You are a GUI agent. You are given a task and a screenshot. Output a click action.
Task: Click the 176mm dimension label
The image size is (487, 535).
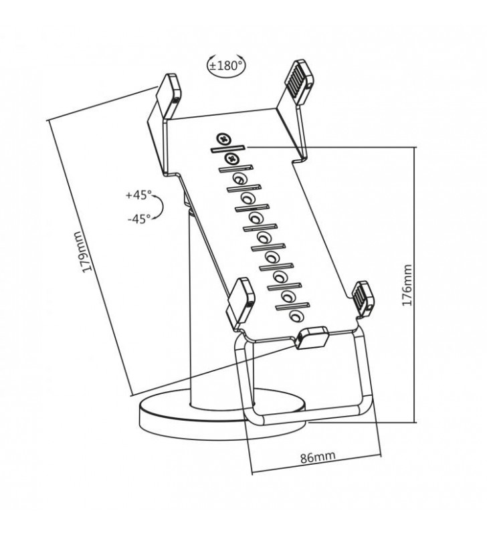point(407,285)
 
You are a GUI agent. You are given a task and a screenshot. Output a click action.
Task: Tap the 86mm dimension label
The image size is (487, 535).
point(318,457)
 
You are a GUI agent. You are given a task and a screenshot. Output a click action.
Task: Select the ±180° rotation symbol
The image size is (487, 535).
point(226,65)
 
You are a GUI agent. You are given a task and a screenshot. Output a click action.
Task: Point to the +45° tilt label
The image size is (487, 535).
point(138,195)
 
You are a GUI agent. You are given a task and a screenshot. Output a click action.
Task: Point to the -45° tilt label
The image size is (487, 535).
point(139,219)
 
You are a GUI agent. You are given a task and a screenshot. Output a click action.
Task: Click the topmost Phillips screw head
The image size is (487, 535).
point(223,139)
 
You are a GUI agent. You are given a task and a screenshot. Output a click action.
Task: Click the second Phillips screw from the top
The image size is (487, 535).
point(232,158)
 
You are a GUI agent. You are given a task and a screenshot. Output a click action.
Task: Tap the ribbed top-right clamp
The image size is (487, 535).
point(298,82)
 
